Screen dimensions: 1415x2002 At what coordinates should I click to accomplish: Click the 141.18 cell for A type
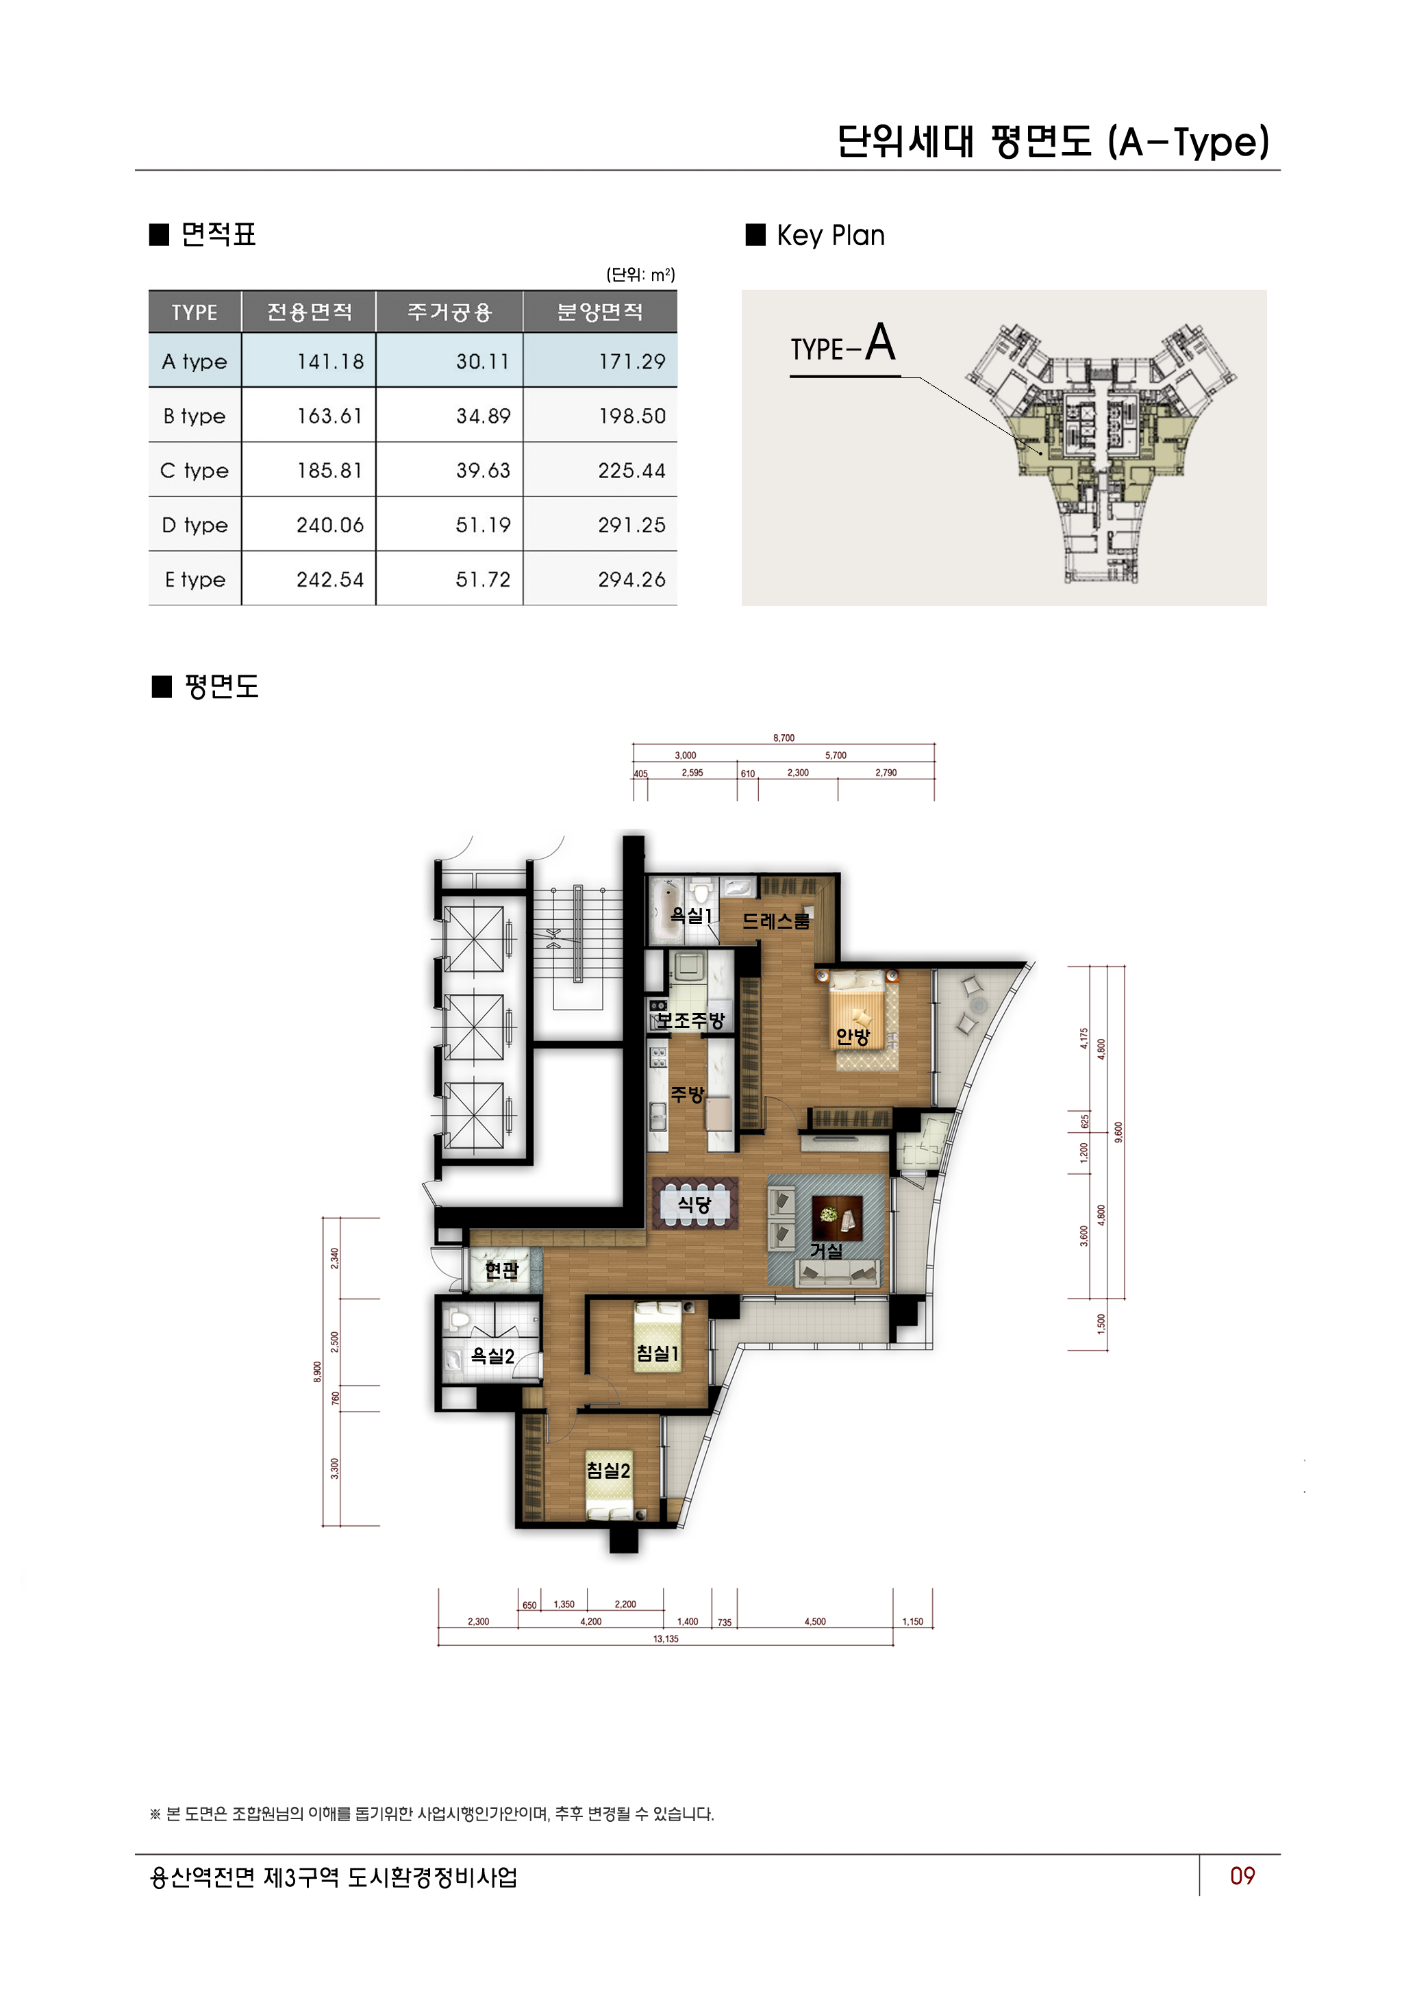(x=329, y=361)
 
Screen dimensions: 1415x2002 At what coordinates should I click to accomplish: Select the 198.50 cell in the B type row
(x=631, y=416)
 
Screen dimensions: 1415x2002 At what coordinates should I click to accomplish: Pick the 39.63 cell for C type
(x=483, y=470)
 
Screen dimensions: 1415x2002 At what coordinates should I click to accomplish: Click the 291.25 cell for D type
(x=631, y=525)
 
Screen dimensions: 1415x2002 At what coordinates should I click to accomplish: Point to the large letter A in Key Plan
(x=881, y=342)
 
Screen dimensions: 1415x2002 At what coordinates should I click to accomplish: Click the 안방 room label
(x=853, y=1036)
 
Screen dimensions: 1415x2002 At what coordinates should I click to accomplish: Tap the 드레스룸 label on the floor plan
(x=776, y=921)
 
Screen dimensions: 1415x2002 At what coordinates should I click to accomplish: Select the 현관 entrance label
(x=501, y=1270)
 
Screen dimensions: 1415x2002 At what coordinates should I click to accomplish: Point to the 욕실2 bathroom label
(x=492, y=1356)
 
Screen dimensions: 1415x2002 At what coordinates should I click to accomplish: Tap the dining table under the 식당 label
(x=695, y=1204)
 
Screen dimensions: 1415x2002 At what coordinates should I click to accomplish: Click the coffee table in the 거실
(x=837, y=1217)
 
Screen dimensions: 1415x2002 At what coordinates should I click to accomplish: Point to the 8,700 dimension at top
(x=784, y=738)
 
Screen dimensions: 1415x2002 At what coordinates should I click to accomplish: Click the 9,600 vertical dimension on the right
(x=1118, y=1131)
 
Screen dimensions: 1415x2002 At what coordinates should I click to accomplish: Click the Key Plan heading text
(x=830, y=236)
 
